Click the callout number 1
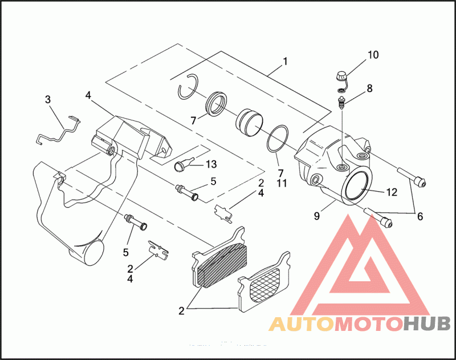tap(285, 61)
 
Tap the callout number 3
tap(48, 100)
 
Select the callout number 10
tap(373, 55)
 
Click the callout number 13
tap(211, 164)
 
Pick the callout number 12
tap(391, 192)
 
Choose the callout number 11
tap(280, 184)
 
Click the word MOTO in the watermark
tap(367, 325)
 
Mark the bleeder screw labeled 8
tap(342, 103)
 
